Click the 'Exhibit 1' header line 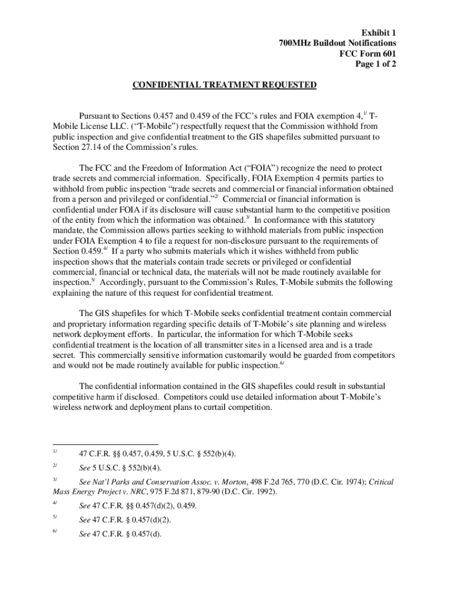tap(377, 33)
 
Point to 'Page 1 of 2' tap(376, 64)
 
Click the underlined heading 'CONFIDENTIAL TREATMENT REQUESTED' tap(224, 85)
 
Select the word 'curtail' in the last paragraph tap(208, 408)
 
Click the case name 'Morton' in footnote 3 tap(264, 482)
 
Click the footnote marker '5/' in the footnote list tap(54, 518)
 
